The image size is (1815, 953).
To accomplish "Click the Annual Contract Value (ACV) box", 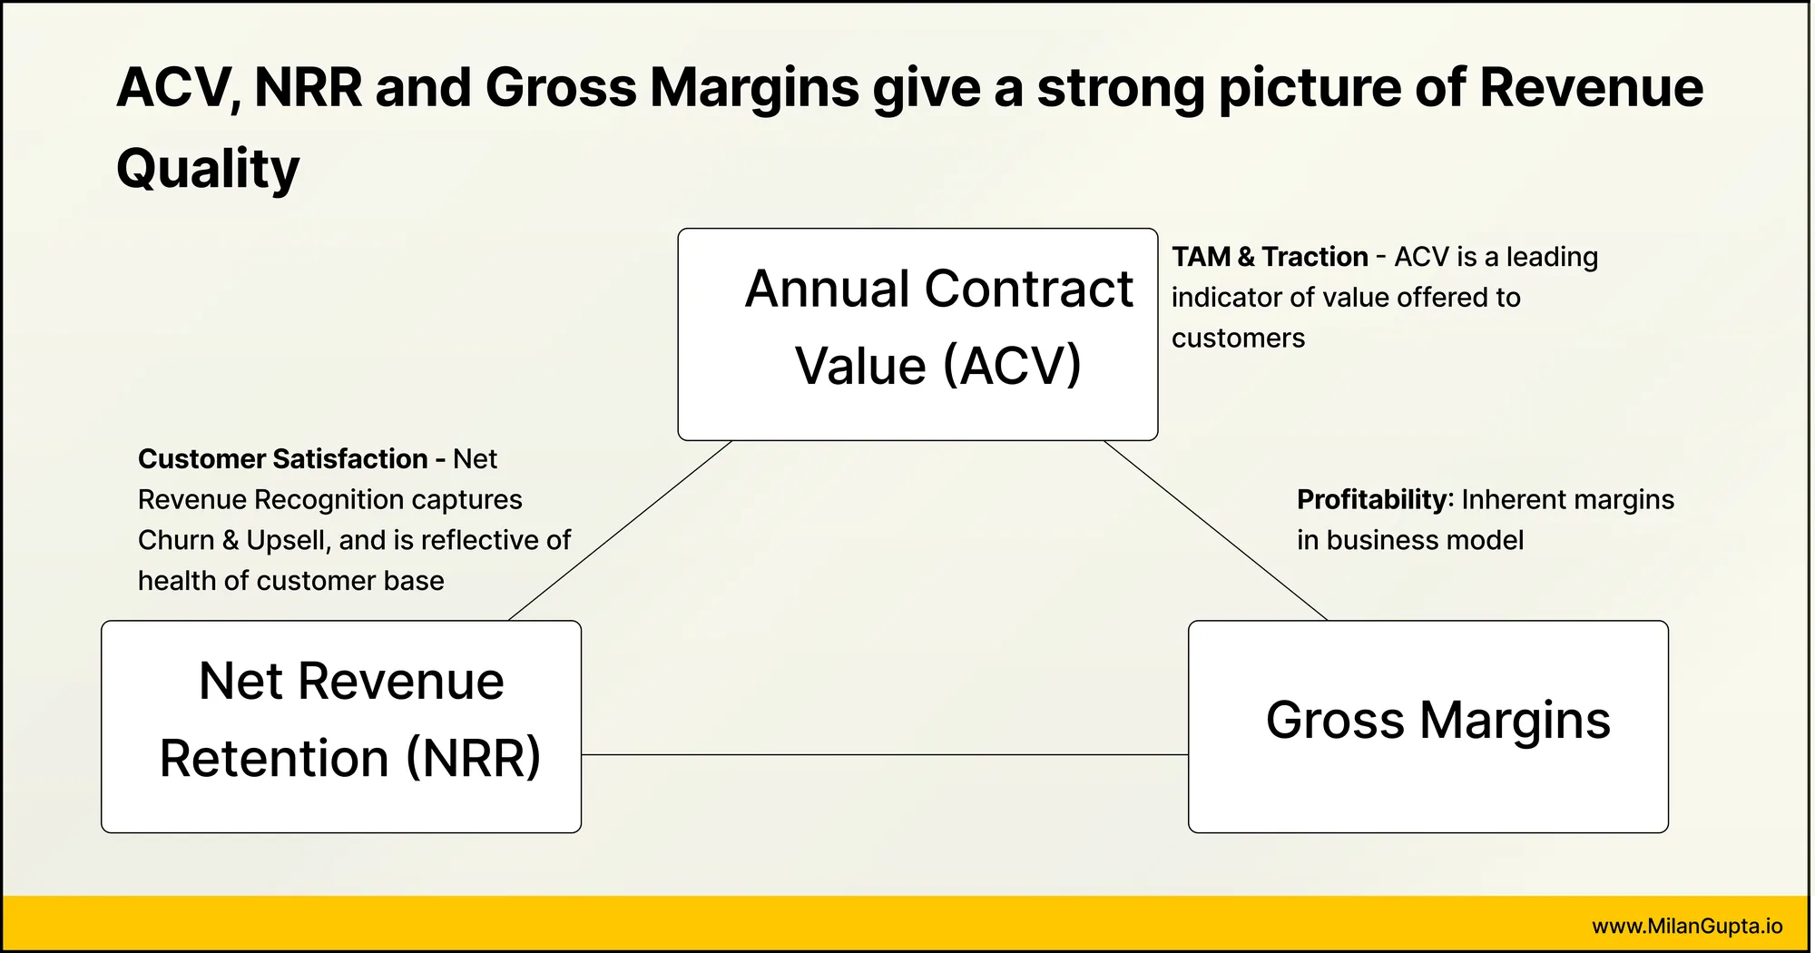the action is coord(917,334).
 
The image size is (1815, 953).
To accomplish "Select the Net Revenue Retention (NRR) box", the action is coord(341,726).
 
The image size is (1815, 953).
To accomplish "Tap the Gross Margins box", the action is coord(1428,726).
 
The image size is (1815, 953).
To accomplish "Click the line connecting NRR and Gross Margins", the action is coord(885,754).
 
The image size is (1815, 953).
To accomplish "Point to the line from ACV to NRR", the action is coord(621,531).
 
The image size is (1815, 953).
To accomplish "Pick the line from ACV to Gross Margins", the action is coord(1216,531).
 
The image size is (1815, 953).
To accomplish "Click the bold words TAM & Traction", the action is coord(1270,257).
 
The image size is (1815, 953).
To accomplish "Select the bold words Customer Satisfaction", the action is coord(282,458).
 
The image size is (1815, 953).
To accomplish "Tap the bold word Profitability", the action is coord(1373,499).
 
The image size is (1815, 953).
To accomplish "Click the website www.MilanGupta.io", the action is coord(1687,926).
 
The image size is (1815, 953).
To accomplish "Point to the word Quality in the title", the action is coord(208,170).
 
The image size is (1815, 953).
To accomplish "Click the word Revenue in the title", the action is coord(1592,87).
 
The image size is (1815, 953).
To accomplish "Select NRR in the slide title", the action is coord(308,87).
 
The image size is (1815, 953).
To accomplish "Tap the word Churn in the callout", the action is coord(176,540).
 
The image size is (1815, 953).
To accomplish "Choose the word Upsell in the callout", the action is coord(287,541).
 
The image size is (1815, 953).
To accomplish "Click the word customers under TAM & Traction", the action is coord(1238,339).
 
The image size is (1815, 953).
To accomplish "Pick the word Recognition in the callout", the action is coord(388,500).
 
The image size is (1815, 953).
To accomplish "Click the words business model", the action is coord(1425,540).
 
